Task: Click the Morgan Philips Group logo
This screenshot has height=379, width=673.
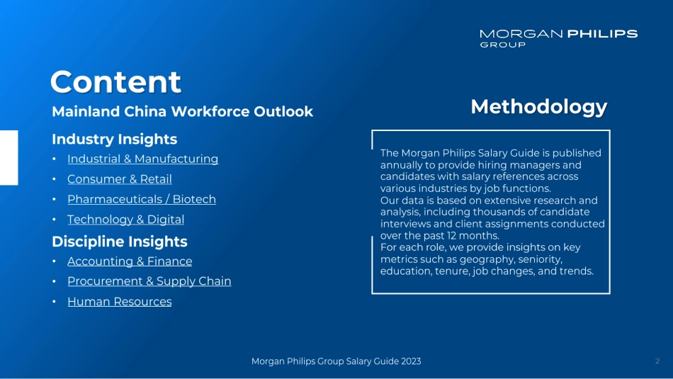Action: (x=558, y=38)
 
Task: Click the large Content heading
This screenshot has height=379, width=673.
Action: (x=115, y=81)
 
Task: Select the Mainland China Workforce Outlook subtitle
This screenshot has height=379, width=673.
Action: (x=182, y=112)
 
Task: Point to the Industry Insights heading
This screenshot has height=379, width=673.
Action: (x=114, y=140)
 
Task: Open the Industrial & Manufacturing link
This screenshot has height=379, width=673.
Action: (x=142, y=159)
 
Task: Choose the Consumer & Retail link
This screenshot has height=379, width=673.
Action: (x=119, y=179)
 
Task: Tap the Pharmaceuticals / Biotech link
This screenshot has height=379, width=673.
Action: (x=141, y=200)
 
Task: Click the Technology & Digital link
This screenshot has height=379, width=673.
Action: (x=125, y=220)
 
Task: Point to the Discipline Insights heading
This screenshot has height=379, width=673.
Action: (x=119, y=242)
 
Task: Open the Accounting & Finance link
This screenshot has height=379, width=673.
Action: (x=130, y=261)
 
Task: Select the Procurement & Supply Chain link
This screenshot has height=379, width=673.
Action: (x=149, y=281)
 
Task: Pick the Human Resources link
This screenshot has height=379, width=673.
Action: (x=119, y=302)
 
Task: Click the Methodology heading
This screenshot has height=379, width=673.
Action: (x=538, y=106)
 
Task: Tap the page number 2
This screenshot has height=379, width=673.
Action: (x=657, y=361)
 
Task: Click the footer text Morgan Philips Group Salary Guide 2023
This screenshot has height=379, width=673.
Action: (x=336, y=361)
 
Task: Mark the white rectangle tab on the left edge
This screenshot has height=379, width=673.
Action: (x=9, y=157)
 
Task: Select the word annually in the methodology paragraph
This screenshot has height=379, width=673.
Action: (x=402, y=165)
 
